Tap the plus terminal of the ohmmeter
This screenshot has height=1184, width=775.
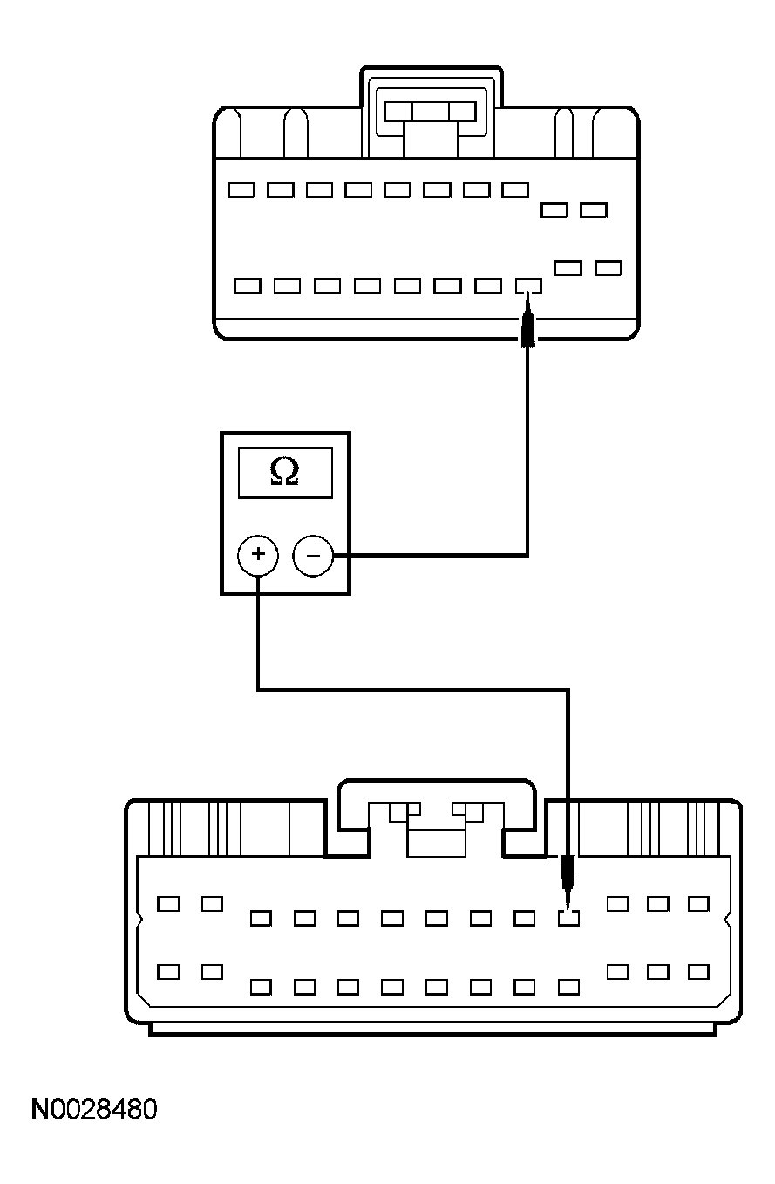pos(257,555)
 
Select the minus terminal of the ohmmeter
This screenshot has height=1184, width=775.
pos(313,555)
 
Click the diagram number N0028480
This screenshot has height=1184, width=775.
pos(94,1110)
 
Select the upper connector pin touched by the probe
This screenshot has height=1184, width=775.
pos(528,285)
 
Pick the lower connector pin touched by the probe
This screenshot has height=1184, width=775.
pos(568,917)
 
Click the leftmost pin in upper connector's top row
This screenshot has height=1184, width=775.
pos(241,189)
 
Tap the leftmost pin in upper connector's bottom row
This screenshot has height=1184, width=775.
pos(248,285)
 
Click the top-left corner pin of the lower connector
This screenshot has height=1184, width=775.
pos(168,903)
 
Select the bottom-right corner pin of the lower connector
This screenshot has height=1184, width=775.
pos(698,971)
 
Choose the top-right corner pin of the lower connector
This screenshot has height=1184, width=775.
pos(698,903)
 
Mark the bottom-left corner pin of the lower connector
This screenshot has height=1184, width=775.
pos(168,971)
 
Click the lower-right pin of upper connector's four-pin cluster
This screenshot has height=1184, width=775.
pos(608,267)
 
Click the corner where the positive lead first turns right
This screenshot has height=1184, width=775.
pos(258,690)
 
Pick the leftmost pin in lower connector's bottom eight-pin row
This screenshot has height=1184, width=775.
pos(261,987)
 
